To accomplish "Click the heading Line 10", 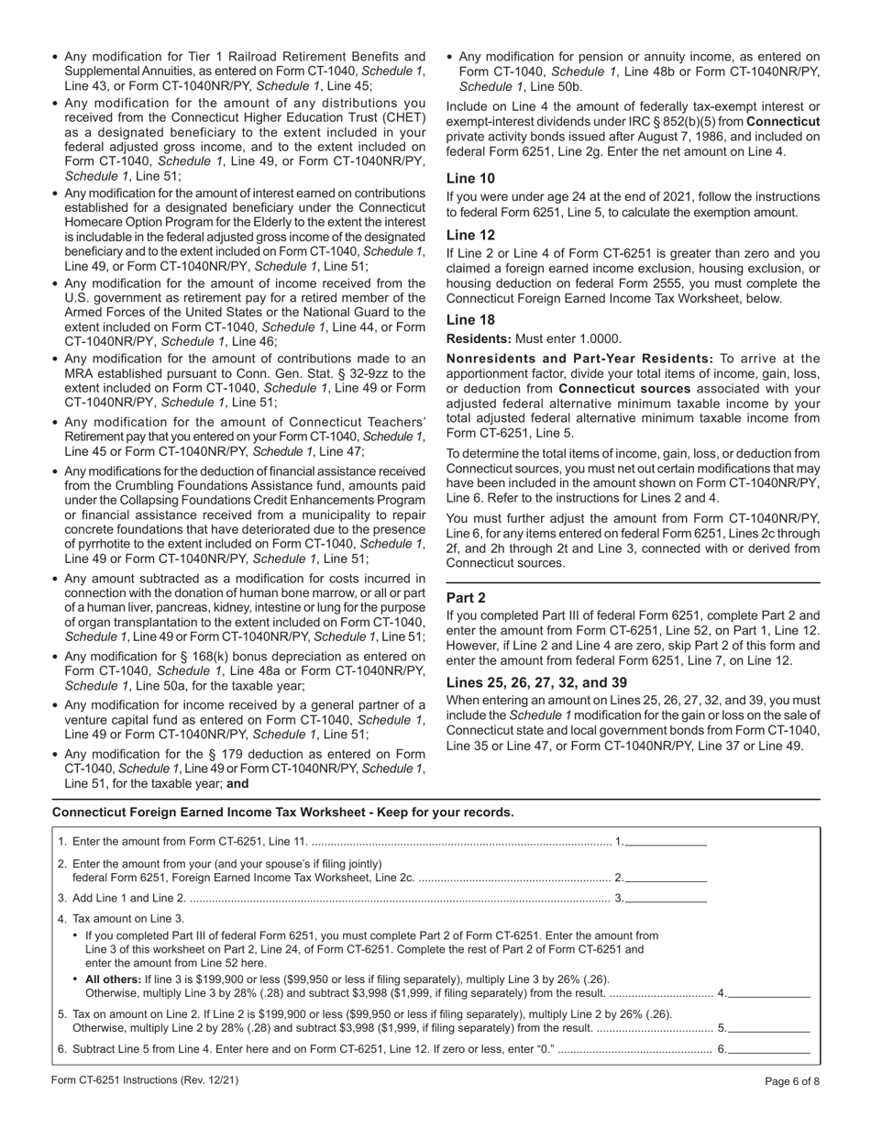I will point(468,179).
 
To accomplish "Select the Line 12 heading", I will point(468,236).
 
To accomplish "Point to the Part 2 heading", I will point(466,598).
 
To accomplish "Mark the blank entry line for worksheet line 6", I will point(769,1049).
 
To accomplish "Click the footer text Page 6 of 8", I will point(792,1080).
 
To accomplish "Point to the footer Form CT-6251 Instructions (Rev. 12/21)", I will point(146,1080).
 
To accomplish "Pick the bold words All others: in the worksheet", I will point(114,979).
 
